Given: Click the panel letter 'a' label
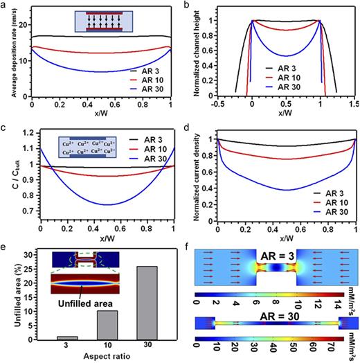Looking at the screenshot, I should point(4,6).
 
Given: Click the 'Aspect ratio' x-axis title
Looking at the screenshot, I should point(88,357).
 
